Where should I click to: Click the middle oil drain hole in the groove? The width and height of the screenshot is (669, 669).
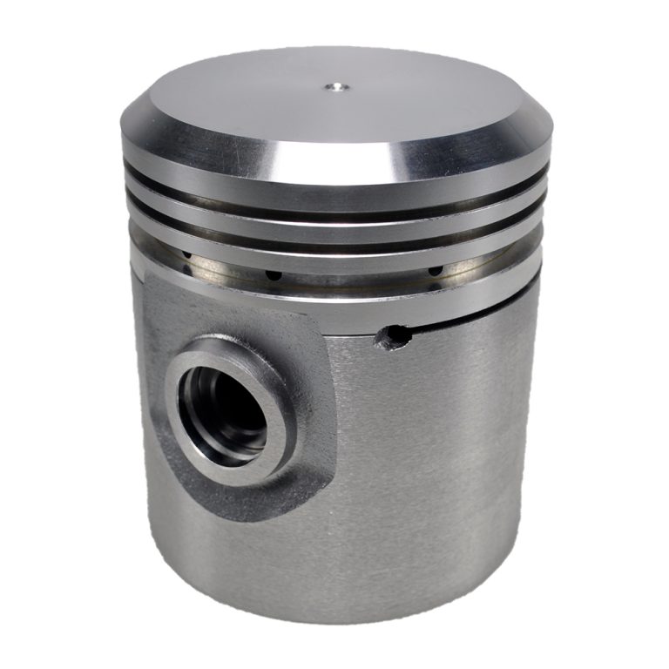[x=273, y=274]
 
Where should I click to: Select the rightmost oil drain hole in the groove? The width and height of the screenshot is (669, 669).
[x=432, y=274]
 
